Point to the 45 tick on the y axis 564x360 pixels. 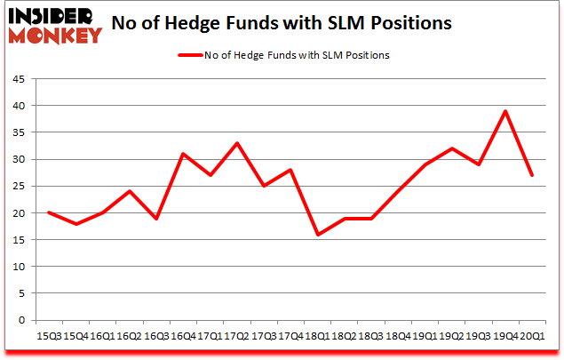[x=18, y=79]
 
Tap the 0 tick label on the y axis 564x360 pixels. [x=21, y=320]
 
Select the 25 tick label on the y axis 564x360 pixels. [x=18, y=187]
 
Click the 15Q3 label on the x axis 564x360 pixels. [x=49, y=335]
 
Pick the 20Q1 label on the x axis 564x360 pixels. [x=532, y=335]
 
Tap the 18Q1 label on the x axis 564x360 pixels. [x=317, y=335]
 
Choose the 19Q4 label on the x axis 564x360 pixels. [x=505, y=335]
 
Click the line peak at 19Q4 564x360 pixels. [x=505, y=111]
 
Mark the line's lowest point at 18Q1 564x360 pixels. [x=317, y=235]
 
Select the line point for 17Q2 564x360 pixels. [x=237, y=143]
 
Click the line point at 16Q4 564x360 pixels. [x=183, y=154]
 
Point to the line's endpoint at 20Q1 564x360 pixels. [x=532, y=175]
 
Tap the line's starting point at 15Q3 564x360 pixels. [x=49, y=213]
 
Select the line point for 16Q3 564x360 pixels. [x=156, y=219]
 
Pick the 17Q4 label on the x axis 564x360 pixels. [x=290, y=335]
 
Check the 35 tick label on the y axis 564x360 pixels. [x=18, y=132]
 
